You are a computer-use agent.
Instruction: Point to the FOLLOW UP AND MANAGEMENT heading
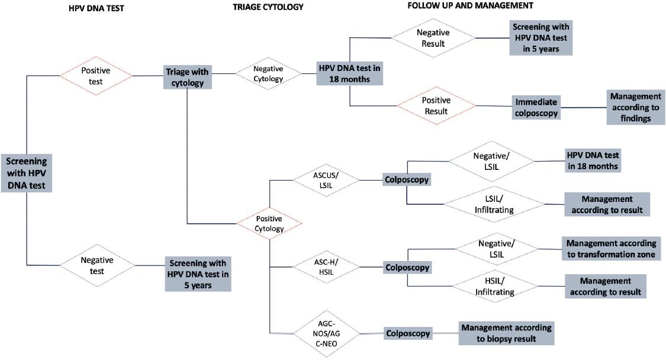tap(471, 5)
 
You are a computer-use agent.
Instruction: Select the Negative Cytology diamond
tap(268, 73)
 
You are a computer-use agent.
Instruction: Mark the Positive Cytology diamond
tap(269, 223)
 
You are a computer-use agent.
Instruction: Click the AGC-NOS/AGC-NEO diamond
tap(327, 333)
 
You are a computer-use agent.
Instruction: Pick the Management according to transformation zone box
tap(610, 249)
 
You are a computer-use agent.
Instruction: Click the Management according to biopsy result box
tap(506, 333)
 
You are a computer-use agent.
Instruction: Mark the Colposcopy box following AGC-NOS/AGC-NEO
tap(407, 333)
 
